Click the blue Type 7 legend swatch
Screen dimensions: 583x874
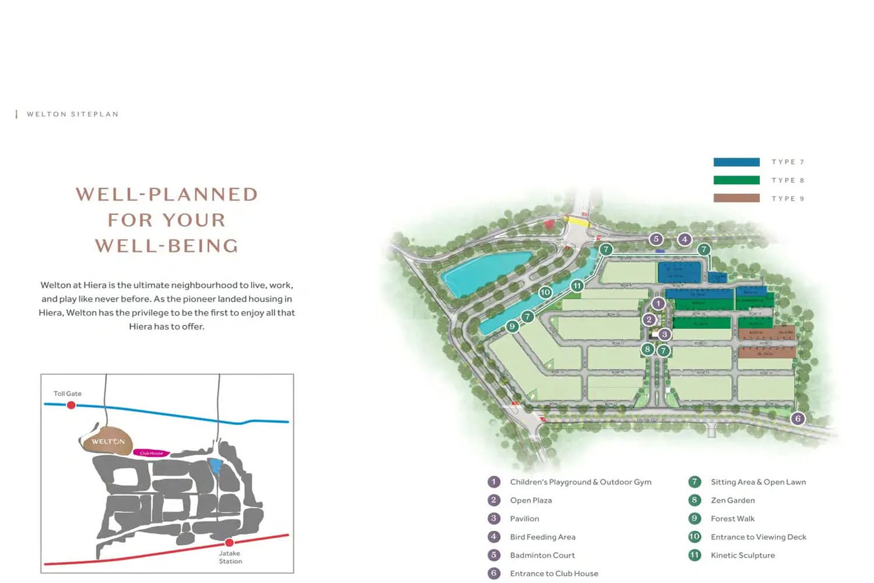click(x=736, y=162)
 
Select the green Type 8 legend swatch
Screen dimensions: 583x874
click(x=736, y=180)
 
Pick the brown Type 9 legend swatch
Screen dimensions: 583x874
click(x=736, y=198)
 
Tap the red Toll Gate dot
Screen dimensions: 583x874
click(x=71, y=405)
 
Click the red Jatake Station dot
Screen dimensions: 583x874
click(x=229, y=542)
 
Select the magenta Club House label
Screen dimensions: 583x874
click(x=151, y=453)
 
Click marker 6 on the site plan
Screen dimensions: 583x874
click(x=798, y=419)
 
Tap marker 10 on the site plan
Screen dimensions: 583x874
click(x=545, y=292)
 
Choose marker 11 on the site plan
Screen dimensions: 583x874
click(x=577, y=286)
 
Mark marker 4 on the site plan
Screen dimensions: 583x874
click(x=685, y=239)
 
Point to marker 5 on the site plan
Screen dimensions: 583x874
click(x=656, y=239)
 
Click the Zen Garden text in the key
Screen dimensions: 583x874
click(x=732, y=500)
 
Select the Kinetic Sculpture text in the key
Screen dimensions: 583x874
click(x=742, y=555)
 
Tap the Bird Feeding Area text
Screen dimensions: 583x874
click(x=542, y=537)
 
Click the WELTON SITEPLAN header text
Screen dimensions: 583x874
click(x=73, y=114)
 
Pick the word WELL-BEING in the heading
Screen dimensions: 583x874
click(x=167, y=245)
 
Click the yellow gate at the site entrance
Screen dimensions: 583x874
click(x=578, y=222)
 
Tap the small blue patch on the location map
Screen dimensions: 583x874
click(x=216, y=466)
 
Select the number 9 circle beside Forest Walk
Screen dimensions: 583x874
click(x=695, y=518)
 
